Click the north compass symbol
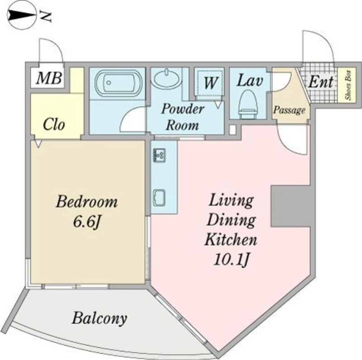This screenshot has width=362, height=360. (x=22, y=16)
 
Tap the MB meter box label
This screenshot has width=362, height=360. (x=49, y=78)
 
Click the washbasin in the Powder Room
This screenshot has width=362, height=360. (x=166, y=77)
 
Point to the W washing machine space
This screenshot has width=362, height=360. (x=210, y=82)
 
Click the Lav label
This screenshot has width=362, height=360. (x=250, y=81)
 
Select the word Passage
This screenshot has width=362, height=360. (x=289, y=110)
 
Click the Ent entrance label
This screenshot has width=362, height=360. (x=321, y=82)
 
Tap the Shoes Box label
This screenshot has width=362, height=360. (x=348, y=85)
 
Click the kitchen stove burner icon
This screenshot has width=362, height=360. (x=159, y=155)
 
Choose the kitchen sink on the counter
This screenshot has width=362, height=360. (x=159, y=198)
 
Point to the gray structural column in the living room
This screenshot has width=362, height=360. (x=291, y=206)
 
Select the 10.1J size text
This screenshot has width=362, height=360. (x=231, y=260)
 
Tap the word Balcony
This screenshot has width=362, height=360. (x=100, y=318)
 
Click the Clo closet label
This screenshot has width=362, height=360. (x=53, y=125)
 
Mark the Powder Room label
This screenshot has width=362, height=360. (x=183, y=117)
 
